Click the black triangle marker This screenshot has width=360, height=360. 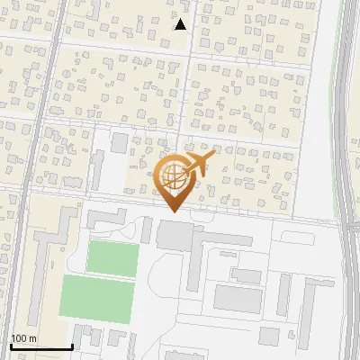pyautogui.click(x=180, y=24)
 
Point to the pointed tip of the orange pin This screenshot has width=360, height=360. pyautogui.click(x=173, y=211)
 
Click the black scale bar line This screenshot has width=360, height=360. pyautogui.click(x=40, y=346)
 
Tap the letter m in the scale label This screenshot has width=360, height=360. pyautogui.click(x=33, y=338)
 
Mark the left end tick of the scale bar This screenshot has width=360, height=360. pyautogui.click(x=11, y=345)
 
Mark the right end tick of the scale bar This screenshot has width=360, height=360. pyautogui.click(x=71, y=345)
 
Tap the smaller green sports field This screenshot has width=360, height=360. pyautogui.click(x=112, y=257)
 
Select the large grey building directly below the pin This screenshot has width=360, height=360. pyautogui.click(x=175, y=236)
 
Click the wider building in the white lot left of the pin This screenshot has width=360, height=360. pyautogui.click(x=120, y=143)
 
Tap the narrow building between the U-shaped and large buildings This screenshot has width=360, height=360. pyautogui.click(x=147, y=229)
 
